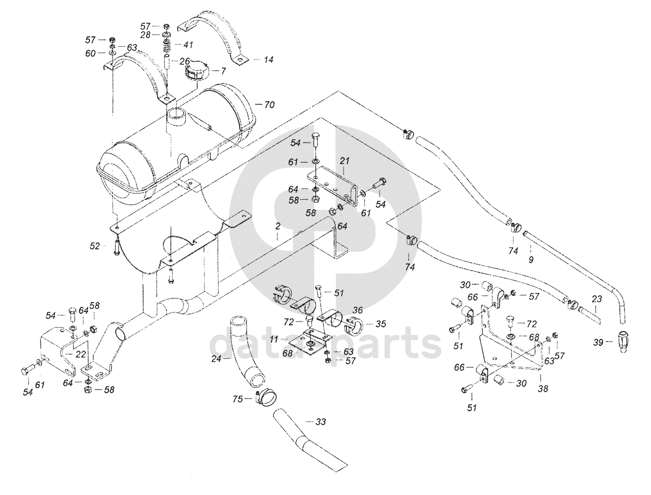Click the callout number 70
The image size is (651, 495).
tap(269, 104)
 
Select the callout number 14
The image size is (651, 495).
tap(268, 60)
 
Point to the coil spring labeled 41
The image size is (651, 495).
tap(167, 45)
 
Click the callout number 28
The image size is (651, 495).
tap(145, 34)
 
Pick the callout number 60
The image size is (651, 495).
tap(91, 53)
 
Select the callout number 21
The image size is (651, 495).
tap(345, 160)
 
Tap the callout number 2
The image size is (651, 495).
tap(277, 226)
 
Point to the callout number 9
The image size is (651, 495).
tap(531, 259)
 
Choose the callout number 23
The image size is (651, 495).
tap(596, 299)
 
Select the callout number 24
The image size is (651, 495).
tap(215, 358)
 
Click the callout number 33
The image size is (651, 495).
tap(320, 422)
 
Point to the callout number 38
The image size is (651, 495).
tap(542, 389)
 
